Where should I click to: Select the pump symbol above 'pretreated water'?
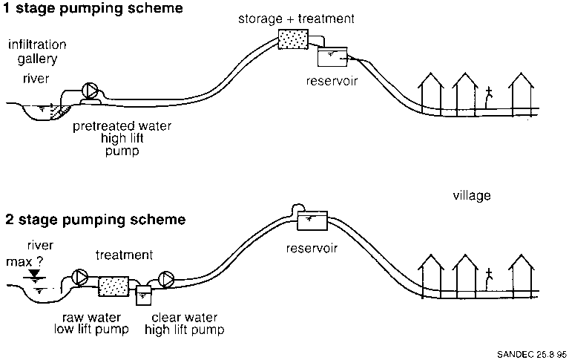pos(91,91)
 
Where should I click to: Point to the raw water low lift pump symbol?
pos(79,277)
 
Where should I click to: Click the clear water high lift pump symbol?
pos(166,279)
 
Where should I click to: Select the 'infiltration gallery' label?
pos(36,51)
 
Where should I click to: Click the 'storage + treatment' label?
pos(297,17)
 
